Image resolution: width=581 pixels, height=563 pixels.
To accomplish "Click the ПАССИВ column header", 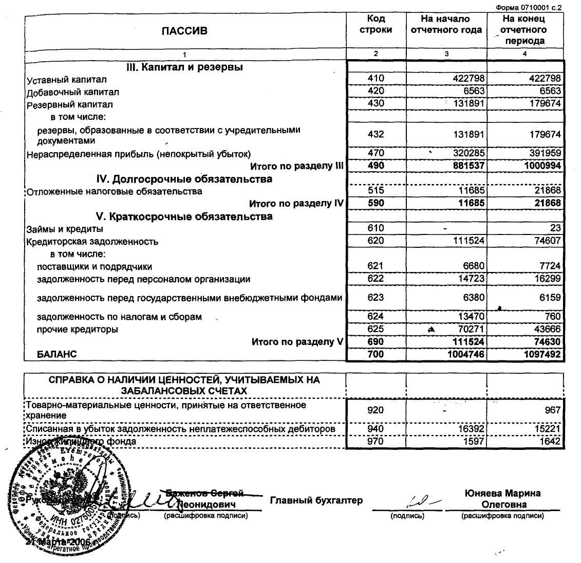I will pos(184,31).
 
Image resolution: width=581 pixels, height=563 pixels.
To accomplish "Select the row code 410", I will pos(376,79).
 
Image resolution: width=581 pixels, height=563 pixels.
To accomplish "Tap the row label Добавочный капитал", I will pos(73,93).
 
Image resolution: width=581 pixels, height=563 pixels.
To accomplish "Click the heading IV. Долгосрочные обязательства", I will pos(184,179).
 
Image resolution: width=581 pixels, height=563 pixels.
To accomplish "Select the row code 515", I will pos(376,191).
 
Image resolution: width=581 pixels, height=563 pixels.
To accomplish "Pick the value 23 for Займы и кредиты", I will pos(555,228).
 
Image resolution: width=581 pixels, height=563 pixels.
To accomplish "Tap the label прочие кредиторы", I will pos(77,329).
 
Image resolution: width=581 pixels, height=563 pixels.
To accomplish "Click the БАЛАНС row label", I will pos(57,354).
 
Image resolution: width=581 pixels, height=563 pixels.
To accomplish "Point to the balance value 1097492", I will pos(540,354).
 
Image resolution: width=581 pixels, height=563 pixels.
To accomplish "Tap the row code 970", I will pos(376,441).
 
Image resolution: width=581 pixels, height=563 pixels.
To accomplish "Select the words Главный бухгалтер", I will pos(316,500).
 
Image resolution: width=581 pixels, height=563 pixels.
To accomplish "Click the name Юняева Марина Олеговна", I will pos(502,499).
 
